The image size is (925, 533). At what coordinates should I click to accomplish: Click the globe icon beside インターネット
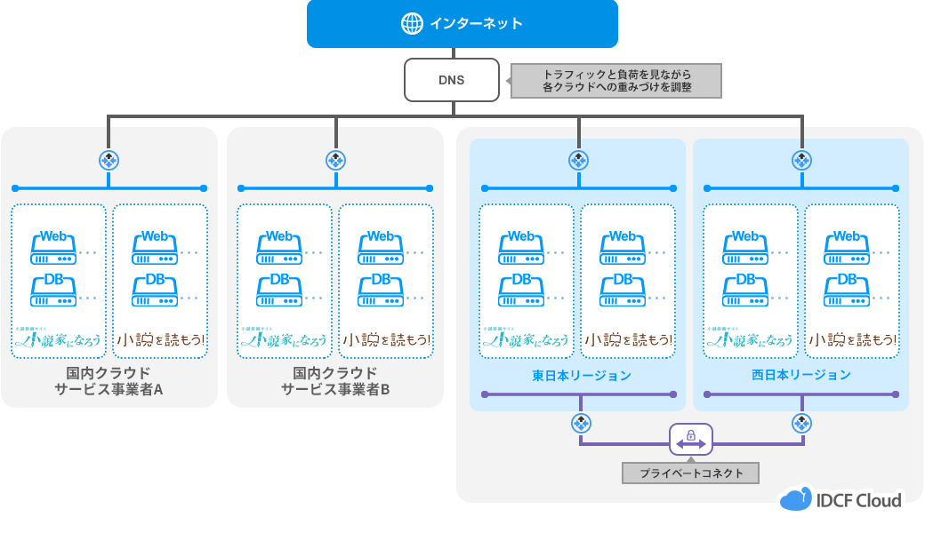tap(412, 24)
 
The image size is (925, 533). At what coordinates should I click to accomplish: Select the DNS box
tap(451, 80)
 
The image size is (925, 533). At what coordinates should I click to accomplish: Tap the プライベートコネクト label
tap(691, 473)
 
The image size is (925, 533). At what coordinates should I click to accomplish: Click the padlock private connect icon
tap(691, 437)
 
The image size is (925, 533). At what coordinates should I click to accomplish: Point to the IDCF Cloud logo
tap(841, 499)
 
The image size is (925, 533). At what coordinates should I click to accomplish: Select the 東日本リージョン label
tap(582, 376)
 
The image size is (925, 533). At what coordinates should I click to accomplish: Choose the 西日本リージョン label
tap(800, 376)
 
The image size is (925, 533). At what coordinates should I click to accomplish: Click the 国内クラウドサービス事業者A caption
tap(109, 380)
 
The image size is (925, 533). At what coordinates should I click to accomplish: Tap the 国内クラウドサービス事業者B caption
tap(335, 380)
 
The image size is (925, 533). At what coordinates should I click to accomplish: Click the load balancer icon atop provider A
tap(109, 160)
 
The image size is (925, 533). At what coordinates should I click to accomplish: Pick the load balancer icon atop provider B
tap(335, 160)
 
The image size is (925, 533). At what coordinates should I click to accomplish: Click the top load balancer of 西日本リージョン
tap(802, 160)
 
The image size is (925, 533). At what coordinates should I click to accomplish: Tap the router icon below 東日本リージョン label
tap(579, 423)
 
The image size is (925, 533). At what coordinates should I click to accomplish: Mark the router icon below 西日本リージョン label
tap(802, 423)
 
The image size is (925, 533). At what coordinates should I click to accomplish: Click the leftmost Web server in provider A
tap(53, 248)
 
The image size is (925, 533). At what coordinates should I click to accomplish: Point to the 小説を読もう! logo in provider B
tap(386, 339)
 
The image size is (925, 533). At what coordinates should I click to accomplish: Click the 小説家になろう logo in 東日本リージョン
tap(526, 338)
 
